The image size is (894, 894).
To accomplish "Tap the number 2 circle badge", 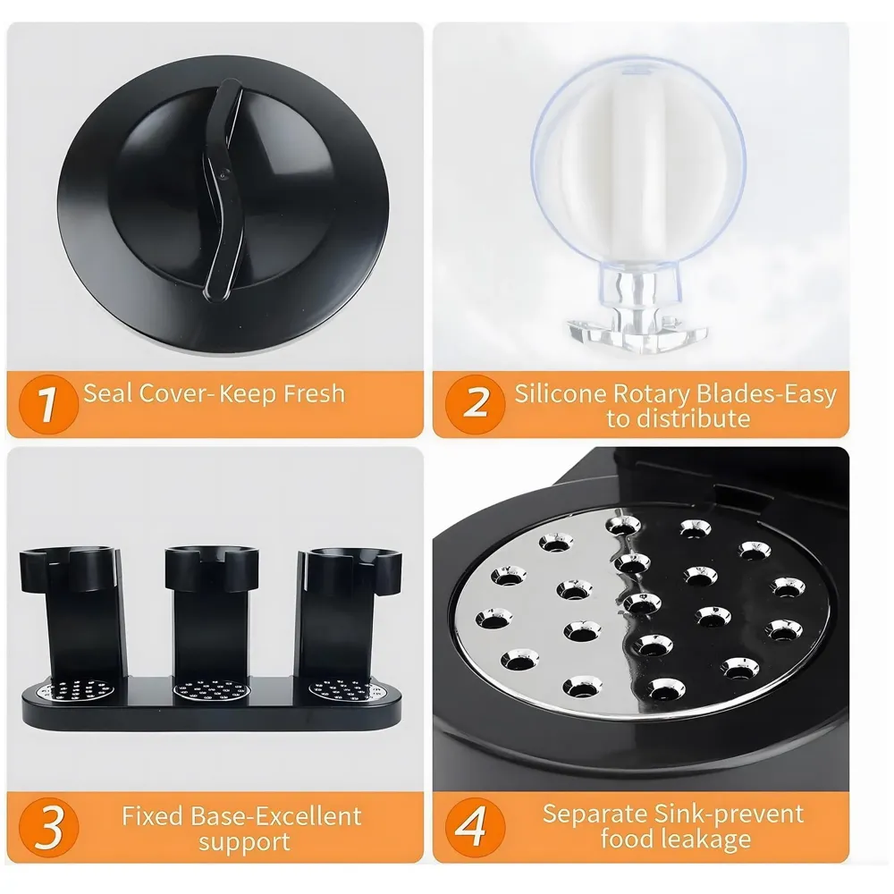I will click(477, 402).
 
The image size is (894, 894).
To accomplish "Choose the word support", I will click(244, 842).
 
